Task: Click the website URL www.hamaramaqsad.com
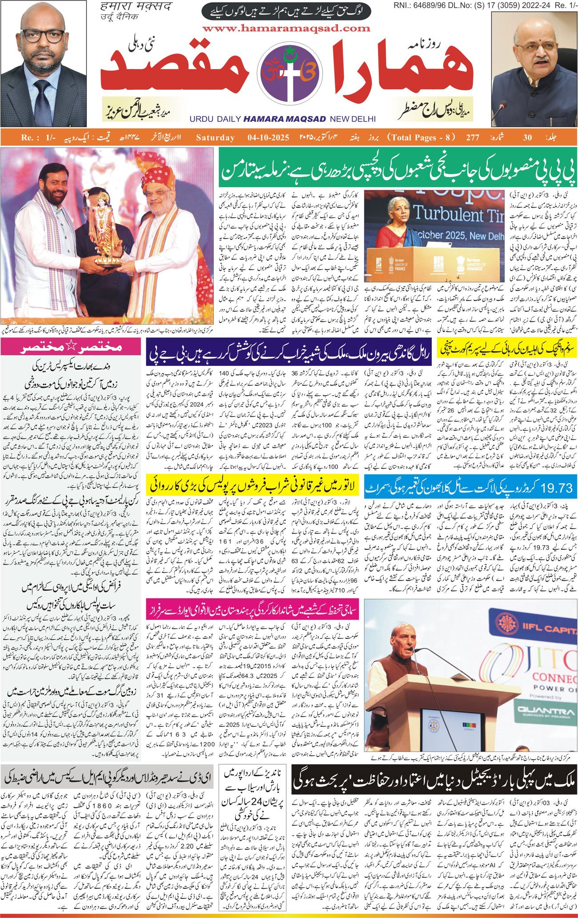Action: tap(286, 28)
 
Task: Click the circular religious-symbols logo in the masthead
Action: tap(286, 73)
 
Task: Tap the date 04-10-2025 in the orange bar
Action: tap(269, 137)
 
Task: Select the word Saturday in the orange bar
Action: tap(215, 137)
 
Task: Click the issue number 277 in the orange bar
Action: tap(473, 137)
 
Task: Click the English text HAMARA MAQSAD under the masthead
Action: tap(285, 119)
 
